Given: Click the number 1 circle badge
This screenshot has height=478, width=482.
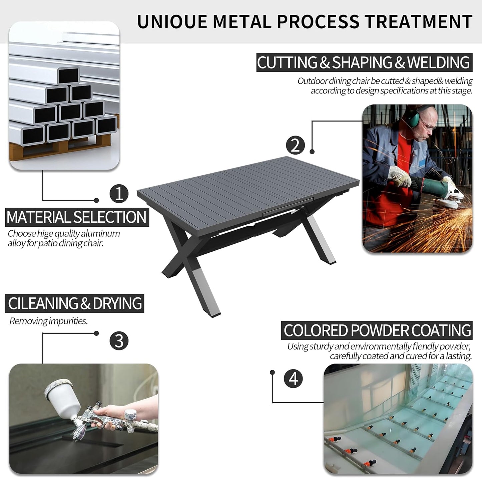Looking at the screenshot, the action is point(119,194).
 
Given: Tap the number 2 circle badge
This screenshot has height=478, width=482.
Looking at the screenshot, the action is point(296,145).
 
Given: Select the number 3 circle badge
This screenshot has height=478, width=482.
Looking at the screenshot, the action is point(119,341).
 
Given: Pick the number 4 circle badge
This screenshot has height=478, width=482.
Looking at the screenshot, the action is point(293,379).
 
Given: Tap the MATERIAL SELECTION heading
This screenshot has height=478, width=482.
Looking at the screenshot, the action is point(77,217).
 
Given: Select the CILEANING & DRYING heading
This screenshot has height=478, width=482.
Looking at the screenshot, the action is point(74,303).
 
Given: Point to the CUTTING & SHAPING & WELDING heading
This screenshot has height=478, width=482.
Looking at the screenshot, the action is point(364,62).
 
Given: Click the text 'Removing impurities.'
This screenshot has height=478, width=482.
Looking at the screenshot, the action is point(48,321).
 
